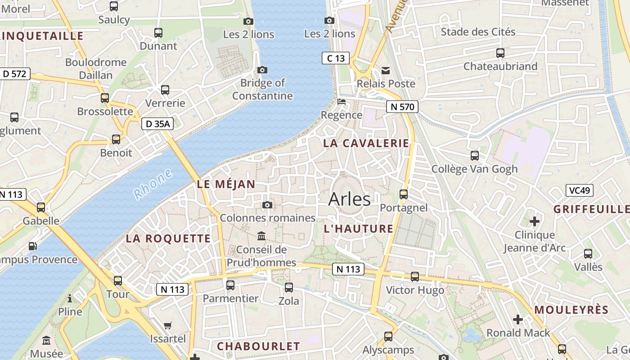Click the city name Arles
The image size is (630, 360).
tap(349, 199)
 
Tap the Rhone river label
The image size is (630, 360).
tap(153, 184)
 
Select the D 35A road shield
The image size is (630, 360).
tap(157, 124)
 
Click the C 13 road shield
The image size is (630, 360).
tap(336, 58)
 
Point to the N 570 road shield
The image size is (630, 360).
tap(402, 107)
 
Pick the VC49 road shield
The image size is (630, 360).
tap(579, 190)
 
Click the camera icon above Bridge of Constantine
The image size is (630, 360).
tap(262, 70)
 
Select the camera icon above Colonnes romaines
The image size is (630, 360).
tap(267, 205)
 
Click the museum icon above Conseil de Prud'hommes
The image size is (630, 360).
tap(261, 236)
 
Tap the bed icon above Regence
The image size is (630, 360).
tap(342, 101)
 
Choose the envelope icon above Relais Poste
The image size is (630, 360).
tap(386, 70)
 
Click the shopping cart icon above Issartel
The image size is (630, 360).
tap(168, 325)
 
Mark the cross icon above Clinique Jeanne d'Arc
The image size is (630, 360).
tap(535, 221)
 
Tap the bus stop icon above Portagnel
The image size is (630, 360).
tap(404, 194)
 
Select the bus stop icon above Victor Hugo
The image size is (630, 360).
tap(415, 277)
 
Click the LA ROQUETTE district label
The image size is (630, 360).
tap(168, 238)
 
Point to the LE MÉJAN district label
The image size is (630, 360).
tap(226, 184)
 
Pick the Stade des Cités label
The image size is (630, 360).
tap(478, 32)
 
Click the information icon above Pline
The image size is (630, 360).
tap(70, 298)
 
